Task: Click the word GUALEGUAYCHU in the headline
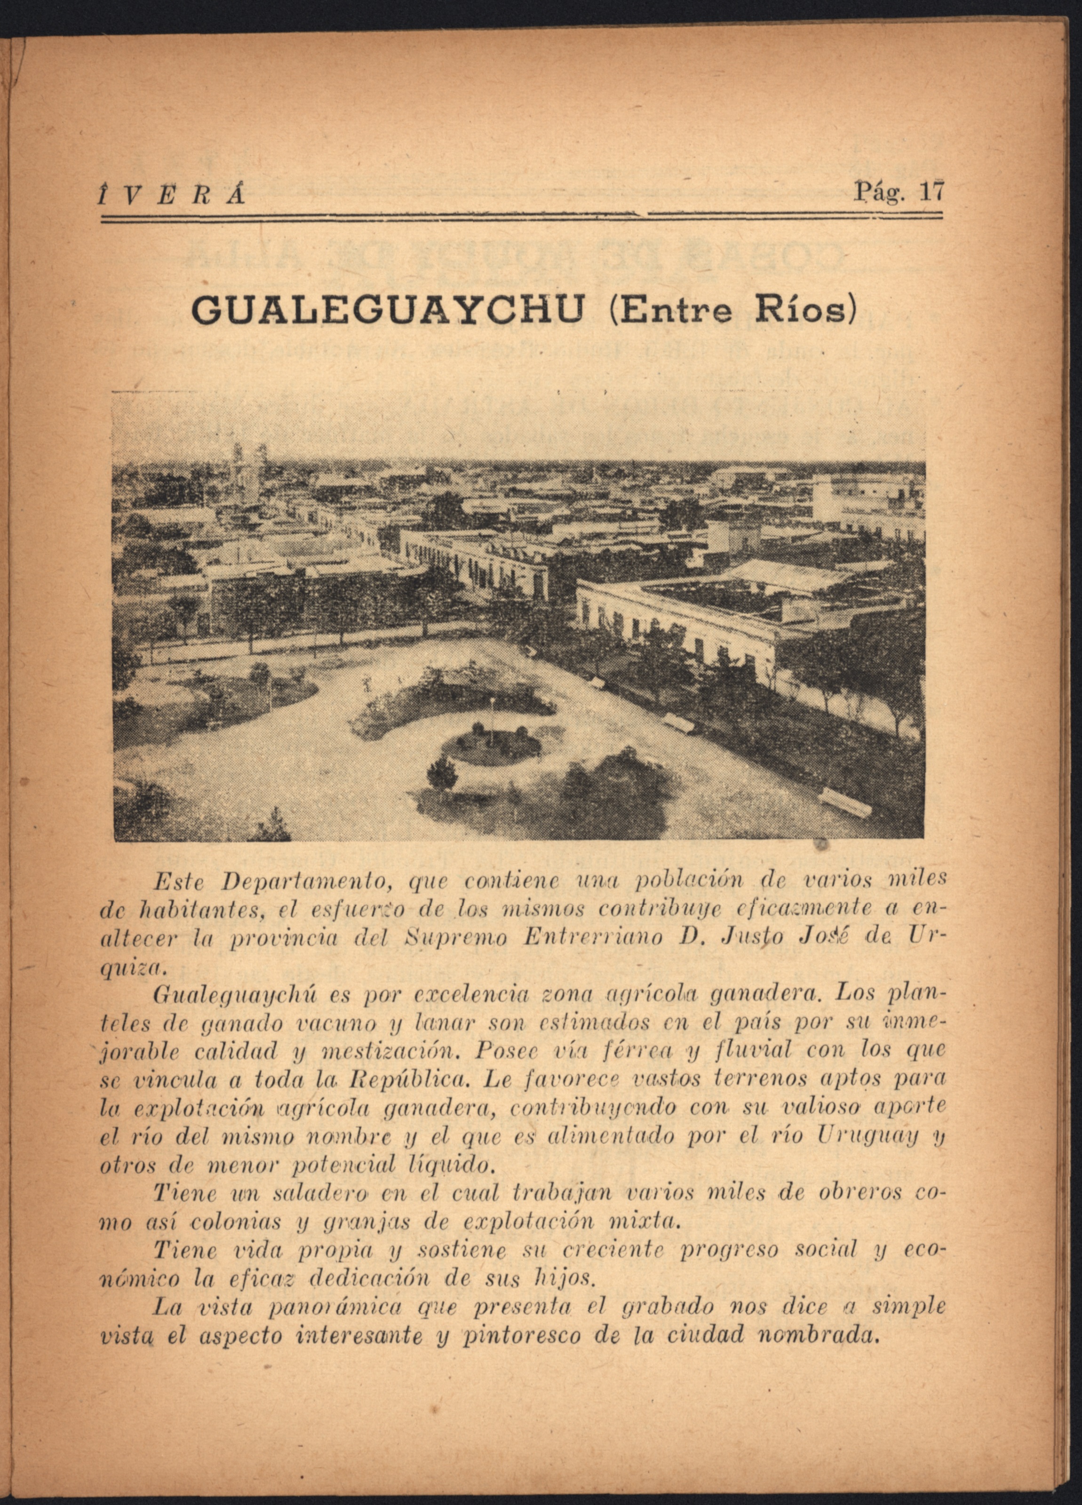(388, 309)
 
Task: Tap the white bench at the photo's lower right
(844, 802)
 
